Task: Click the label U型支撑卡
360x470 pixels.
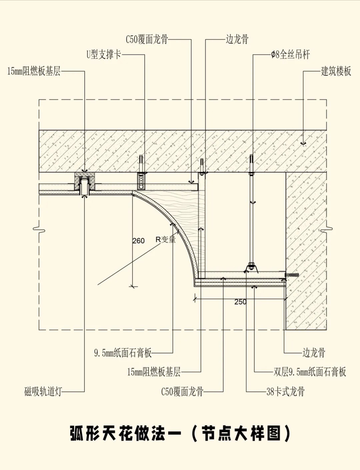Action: pyautogui.click(x=104, y=54)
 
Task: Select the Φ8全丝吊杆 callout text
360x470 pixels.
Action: pyautogui.click(x=290, y=54)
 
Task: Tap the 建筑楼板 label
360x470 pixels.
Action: pyautogui.click(x=336, y=71)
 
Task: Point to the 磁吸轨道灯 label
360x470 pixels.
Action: pyautogui.click(x=43, y=391)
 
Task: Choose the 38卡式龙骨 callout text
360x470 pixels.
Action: pyautogui.click(x=285, y=391)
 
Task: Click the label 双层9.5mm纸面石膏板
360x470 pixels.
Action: pyautogui.click(x=310, y=372)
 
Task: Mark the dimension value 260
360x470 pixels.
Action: pyautogui.click(x=138, y=240)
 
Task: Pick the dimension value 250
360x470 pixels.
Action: pyautogui.click(x=240, y=302)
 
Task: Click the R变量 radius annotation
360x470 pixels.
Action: pyautogui.click(x=165, y=239)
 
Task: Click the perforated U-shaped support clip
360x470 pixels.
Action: pyautogui.click(x=141, y=182)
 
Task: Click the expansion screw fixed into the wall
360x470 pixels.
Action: pyautogui.click(x=292, y=275)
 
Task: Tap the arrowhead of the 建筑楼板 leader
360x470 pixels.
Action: pyautogui.click(x=303, y=144)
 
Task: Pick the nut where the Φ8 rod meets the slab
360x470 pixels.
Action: pyautogui.click(x=251, y=174)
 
